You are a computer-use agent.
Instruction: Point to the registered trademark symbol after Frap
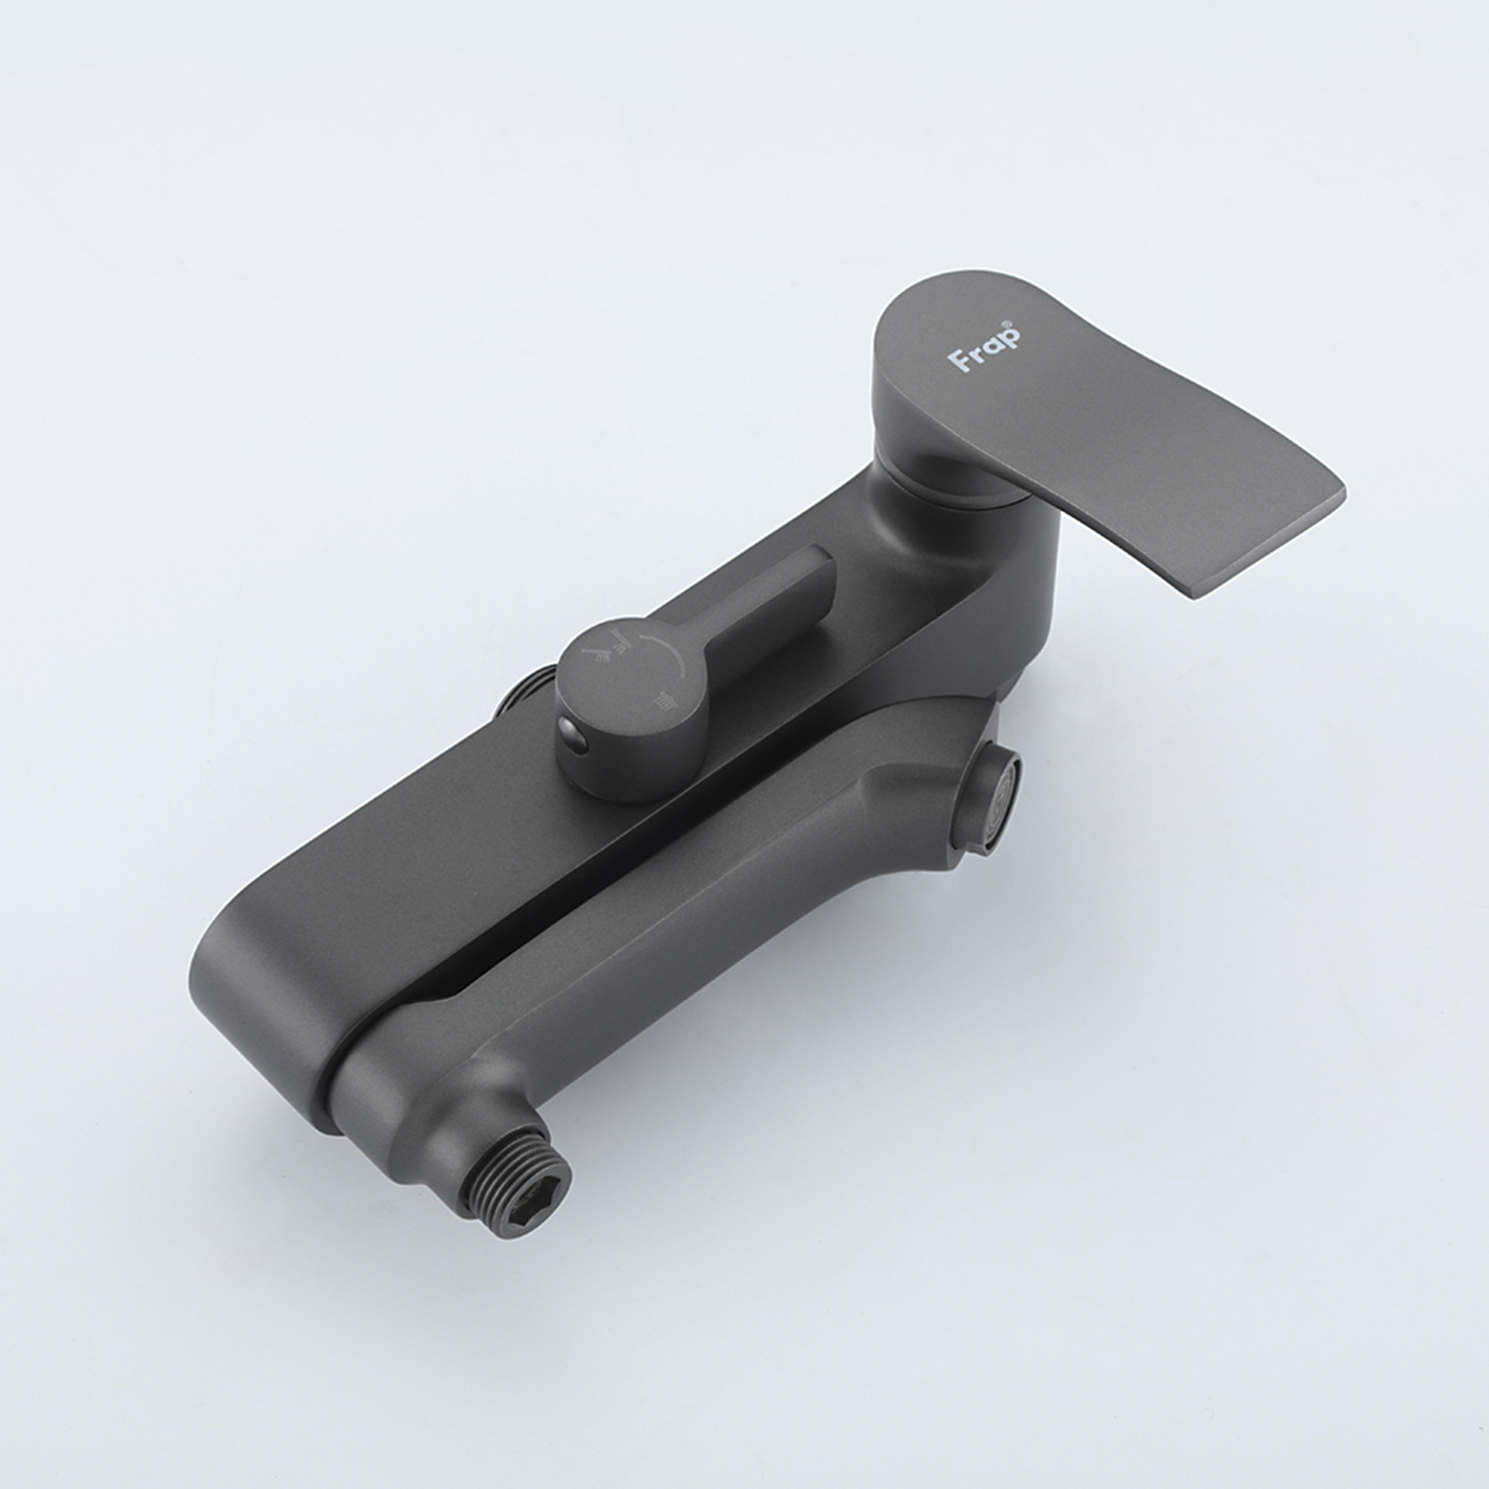(1014, 324)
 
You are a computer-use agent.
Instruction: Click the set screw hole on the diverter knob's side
(573, 735)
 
